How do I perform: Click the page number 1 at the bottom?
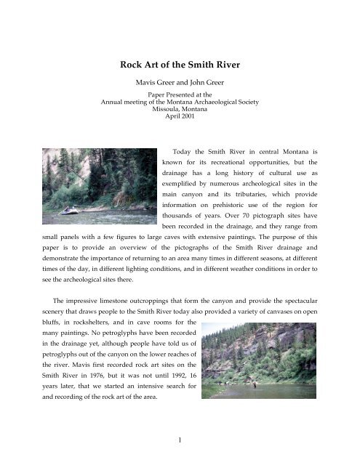point(180,445)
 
